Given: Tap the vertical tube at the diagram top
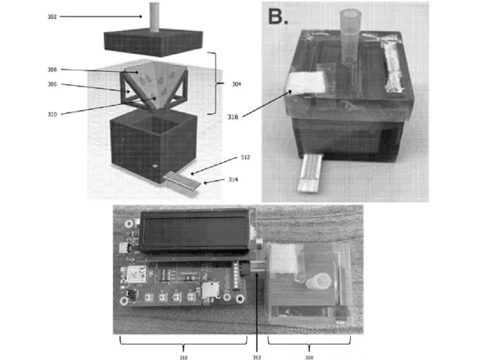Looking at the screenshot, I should click(154, 14).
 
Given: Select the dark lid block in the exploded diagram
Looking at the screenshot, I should click(153, 41).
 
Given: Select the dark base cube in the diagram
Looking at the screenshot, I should click(152, 146).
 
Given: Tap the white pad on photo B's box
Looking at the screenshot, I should click(306, 86).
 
